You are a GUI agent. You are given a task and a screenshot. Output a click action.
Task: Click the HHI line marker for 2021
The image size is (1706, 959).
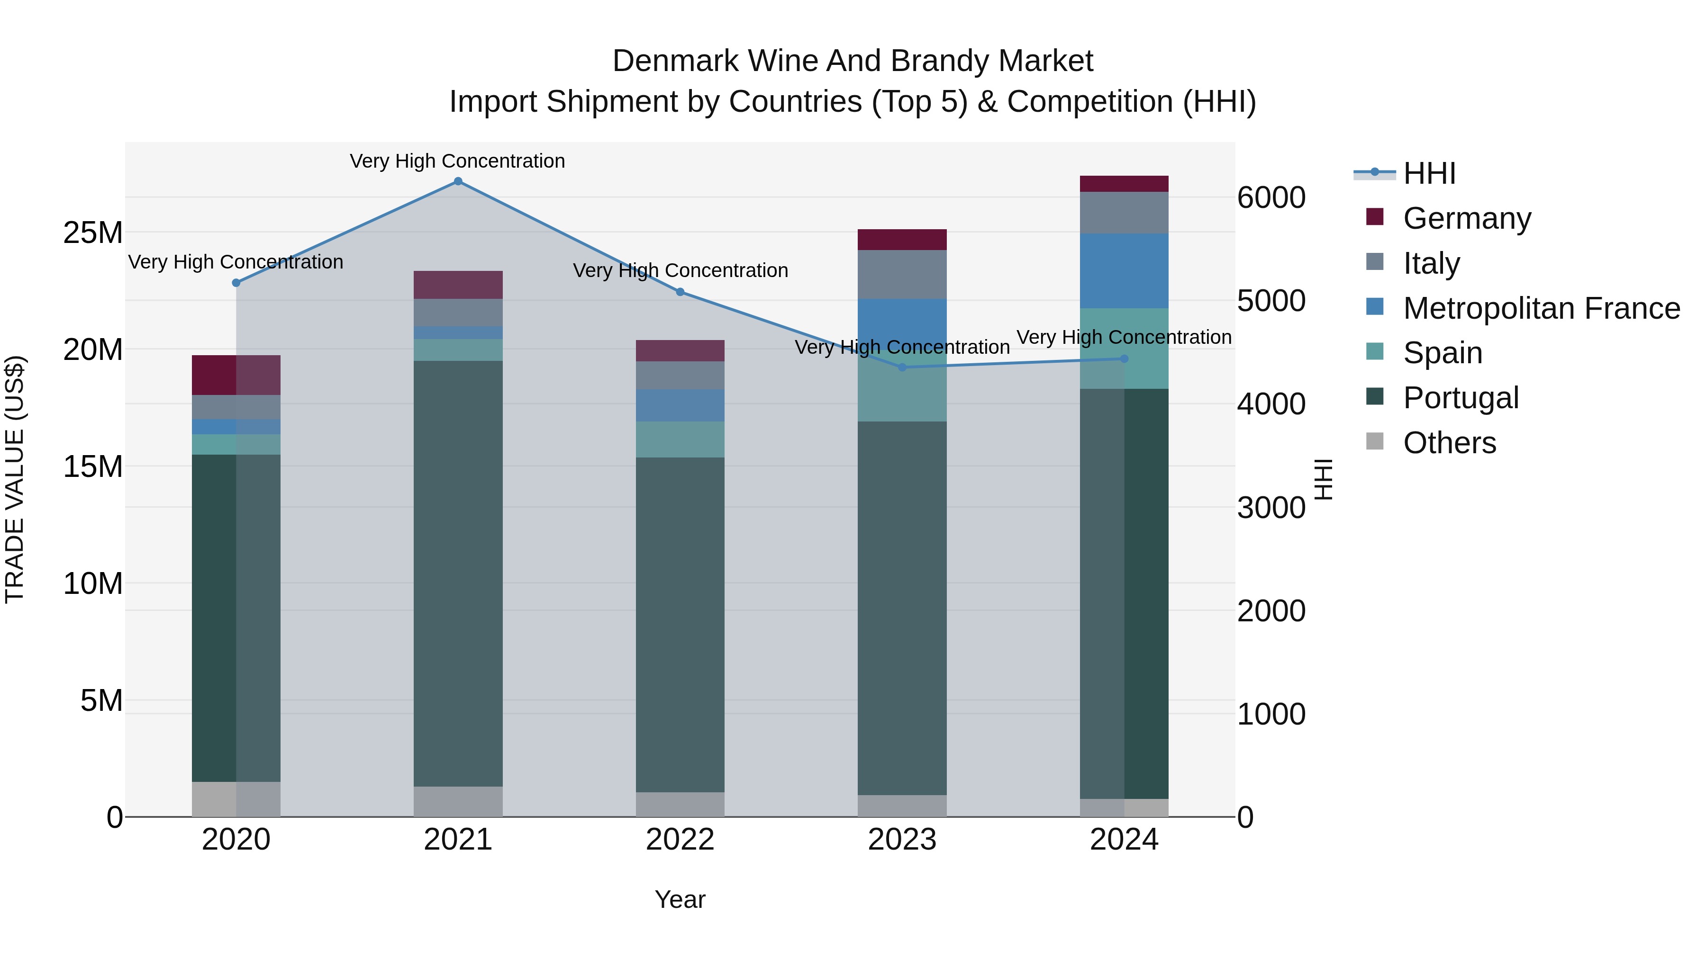click(x=458, y=181)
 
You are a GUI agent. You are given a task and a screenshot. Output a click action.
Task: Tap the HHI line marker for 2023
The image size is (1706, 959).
click(x=902, y=367)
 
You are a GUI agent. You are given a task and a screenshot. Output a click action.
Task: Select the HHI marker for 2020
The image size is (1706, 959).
click(x=236, y=283)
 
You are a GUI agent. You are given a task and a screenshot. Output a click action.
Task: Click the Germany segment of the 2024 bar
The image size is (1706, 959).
click(x=1124, y=184)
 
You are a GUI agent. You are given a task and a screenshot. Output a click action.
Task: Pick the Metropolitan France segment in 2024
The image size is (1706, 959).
click(x=1124, y=271)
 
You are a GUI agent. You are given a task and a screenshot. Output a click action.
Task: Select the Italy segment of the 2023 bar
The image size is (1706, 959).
click(x=902, y=274)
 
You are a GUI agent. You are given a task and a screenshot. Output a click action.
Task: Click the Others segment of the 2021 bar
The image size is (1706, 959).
click(x=458, y=801)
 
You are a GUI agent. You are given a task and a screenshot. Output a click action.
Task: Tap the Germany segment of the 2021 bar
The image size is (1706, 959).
click(x=458, y=285)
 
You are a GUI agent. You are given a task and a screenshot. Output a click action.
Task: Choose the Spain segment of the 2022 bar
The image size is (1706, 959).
click(x=680, y=439)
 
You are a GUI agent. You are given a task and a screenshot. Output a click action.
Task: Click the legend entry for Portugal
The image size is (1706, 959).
click(x=1461, y=398)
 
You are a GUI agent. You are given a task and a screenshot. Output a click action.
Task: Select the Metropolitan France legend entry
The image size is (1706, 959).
click(x=1541, y=308)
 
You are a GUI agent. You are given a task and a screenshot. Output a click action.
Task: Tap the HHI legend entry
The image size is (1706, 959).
click(x=1429, y=173)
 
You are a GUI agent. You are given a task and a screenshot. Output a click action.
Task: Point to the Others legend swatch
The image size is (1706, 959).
click(x=1375, y=441)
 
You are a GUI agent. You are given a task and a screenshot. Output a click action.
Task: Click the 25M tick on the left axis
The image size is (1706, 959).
click(x=93, y=233)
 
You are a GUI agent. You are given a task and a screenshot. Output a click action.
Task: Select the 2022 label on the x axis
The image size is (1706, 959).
click(x=680, y=840)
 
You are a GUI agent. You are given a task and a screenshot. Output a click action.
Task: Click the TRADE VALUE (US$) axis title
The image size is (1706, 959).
click(x=15, y=479)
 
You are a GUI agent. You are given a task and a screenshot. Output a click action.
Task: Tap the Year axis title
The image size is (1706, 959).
click(x=680, y=899)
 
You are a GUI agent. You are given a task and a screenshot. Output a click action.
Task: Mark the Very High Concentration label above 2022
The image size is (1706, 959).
click(x=680, y=271)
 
